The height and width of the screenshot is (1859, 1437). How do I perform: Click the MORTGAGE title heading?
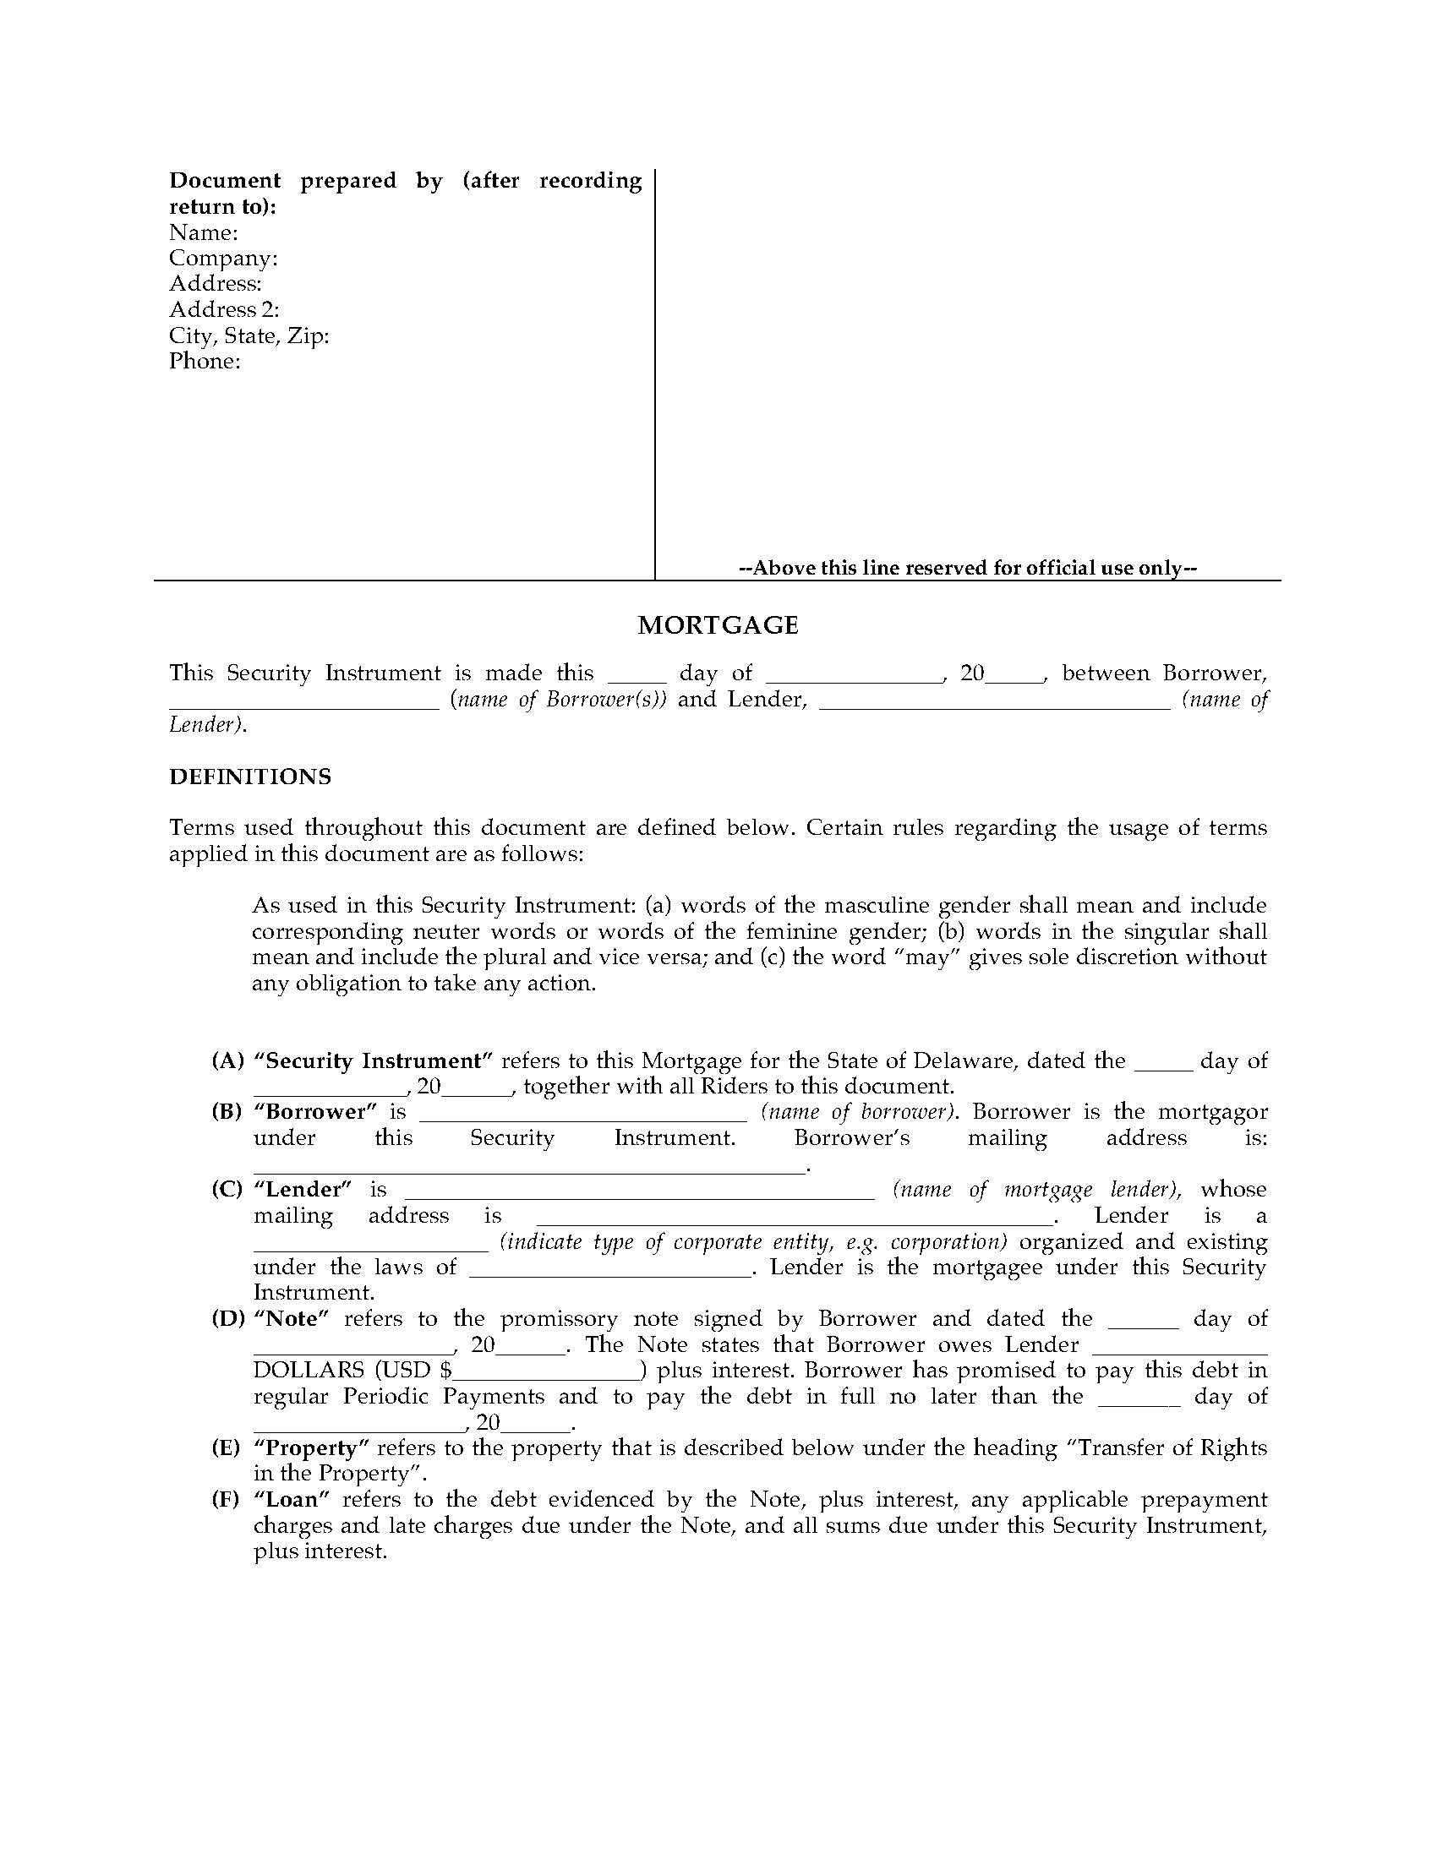[x=718, y=625]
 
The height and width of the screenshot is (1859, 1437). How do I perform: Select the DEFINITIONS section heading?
[x=250, y=777]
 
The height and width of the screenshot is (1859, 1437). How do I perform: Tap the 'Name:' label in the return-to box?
[x=204, y=232]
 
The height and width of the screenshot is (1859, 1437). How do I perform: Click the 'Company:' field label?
[x=223, y=258]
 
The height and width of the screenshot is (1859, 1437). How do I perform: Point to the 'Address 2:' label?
[x=224, y=310]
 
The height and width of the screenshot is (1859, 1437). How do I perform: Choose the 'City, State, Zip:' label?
[x=249, y=335]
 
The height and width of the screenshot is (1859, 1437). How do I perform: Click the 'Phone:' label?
[x=205, y=361]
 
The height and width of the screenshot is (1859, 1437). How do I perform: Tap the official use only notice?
[x=968, y=568]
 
